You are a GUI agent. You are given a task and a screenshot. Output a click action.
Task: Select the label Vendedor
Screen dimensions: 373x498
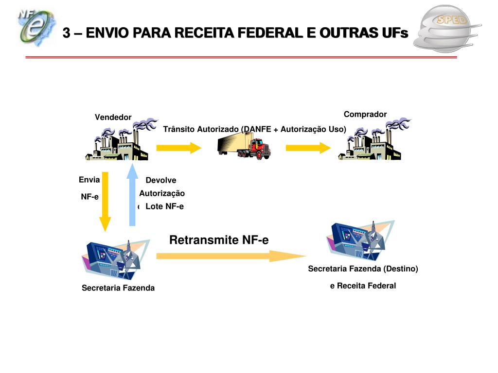(113, 118)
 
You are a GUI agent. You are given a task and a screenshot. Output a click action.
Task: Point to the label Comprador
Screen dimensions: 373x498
(365, 115)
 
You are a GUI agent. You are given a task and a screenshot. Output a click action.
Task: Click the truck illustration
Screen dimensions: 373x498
(244, 146)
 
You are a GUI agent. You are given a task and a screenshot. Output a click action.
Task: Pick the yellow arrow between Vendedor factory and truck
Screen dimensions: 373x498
(178, 148)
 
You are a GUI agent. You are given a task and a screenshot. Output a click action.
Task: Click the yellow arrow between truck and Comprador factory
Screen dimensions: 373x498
(308, 148)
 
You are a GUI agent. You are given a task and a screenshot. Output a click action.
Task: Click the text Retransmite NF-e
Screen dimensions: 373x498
(219, 240)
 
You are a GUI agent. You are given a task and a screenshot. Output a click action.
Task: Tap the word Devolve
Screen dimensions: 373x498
(161, 181)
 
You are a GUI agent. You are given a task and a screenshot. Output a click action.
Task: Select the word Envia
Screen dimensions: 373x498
(89, 180)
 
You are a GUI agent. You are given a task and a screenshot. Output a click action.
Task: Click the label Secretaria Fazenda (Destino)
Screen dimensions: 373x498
(363, 269)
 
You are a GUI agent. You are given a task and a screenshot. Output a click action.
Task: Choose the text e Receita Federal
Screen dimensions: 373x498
(363, 286)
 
